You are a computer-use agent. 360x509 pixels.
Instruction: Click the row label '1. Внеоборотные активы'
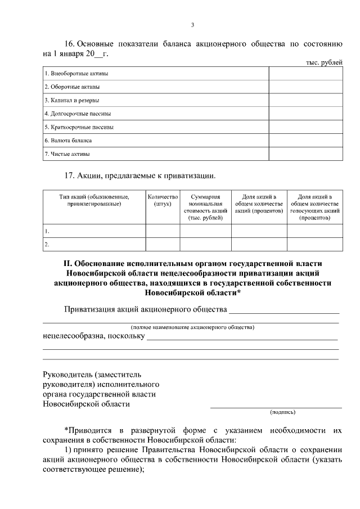[76, 74]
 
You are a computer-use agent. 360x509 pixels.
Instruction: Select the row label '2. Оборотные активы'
[73, 87]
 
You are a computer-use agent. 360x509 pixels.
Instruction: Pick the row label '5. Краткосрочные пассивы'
[79, 127]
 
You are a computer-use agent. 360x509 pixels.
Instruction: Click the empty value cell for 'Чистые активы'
[305, 154]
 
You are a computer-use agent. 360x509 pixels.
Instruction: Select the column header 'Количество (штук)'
[163, 200]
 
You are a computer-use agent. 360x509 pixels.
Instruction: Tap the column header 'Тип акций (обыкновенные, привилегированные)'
[94, 200]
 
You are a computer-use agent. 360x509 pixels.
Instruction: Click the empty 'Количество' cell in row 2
[163, 245]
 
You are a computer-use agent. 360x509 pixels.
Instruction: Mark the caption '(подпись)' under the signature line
[283, 412]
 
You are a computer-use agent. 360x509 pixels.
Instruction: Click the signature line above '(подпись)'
[276, 407]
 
